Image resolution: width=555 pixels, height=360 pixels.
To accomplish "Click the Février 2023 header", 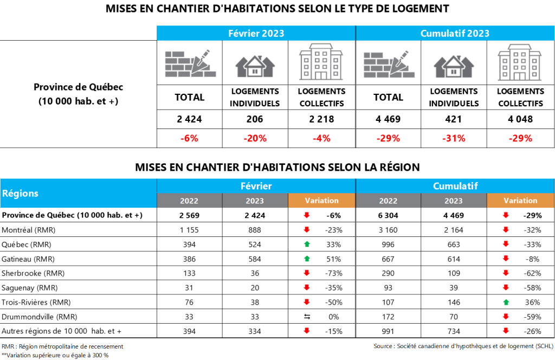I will pyautogui.click(x=256, y=34).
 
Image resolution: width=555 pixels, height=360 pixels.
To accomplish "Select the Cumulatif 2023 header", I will pyautogui.click(x=455, y=34).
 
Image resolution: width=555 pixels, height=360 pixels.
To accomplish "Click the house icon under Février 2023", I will pyautogui.click(x=256, y=65).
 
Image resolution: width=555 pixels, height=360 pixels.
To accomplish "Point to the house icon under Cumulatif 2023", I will pyautogui.click(x=455, y=65).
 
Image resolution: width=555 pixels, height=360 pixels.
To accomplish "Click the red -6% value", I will pyautogui.click(x=190, y=138).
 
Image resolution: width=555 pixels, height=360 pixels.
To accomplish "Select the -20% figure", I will pyautogui.click(x=256, y=138).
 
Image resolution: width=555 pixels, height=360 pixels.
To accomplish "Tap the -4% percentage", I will pyautogui.click(x=321, y=138).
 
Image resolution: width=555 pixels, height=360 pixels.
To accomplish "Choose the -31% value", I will pyautogui.click(x=454, y=138).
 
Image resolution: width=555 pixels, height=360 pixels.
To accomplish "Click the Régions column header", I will pyautogui.click(x=21, y=193).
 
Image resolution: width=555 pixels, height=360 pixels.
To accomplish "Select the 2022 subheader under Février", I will pyautogui.click(x=189, y=201).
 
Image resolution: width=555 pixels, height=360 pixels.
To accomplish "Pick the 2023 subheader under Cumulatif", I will pyautogui.click(x=454, y=201).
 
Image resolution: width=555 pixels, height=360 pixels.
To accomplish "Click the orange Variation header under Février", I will pyautogui.click(x=321, y=201).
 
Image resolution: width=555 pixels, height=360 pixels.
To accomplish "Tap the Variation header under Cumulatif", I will pyautogui.click(x=520, y=201).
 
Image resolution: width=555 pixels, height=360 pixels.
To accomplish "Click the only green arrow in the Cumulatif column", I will pyautogui.click(x=506, y=302).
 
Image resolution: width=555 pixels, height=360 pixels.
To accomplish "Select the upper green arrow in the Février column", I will pyautogui.click(x=307, y=244).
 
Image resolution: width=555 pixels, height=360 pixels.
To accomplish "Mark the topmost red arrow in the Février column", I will pyautogui.click(x=307, y=215).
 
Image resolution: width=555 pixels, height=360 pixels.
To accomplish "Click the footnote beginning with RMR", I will pyautogui.click(x=62, y=346).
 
